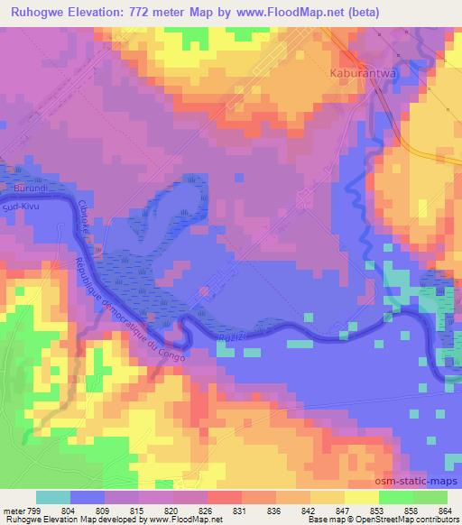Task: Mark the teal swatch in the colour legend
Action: coord(53,497)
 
